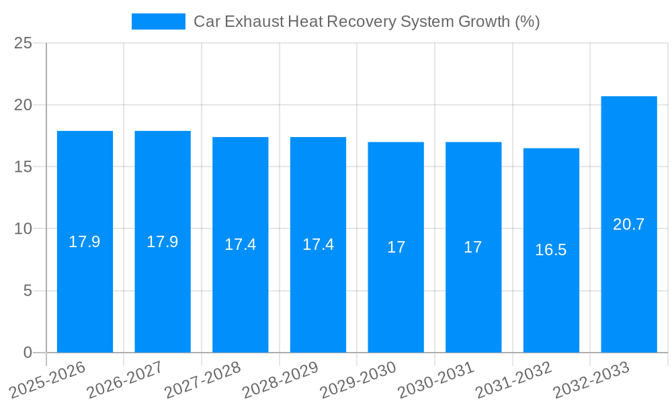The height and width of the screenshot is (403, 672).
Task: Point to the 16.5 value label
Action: (x=551, y=250)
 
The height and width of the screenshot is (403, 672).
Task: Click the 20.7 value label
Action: (x=629, y=224)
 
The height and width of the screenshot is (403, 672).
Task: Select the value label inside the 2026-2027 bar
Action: (x=163, y=242)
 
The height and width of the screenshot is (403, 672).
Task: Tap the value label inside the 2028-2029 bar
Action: (x=318, y=244)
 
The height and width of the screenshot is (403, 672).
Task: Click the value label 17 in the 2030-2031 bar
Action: (x=473, y=247)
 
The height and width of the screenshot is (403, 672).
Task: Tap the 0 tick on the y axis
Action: (x=28, y=353)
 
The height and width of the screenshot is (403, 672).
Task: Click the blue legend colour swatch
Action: (x=159, y=21)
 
